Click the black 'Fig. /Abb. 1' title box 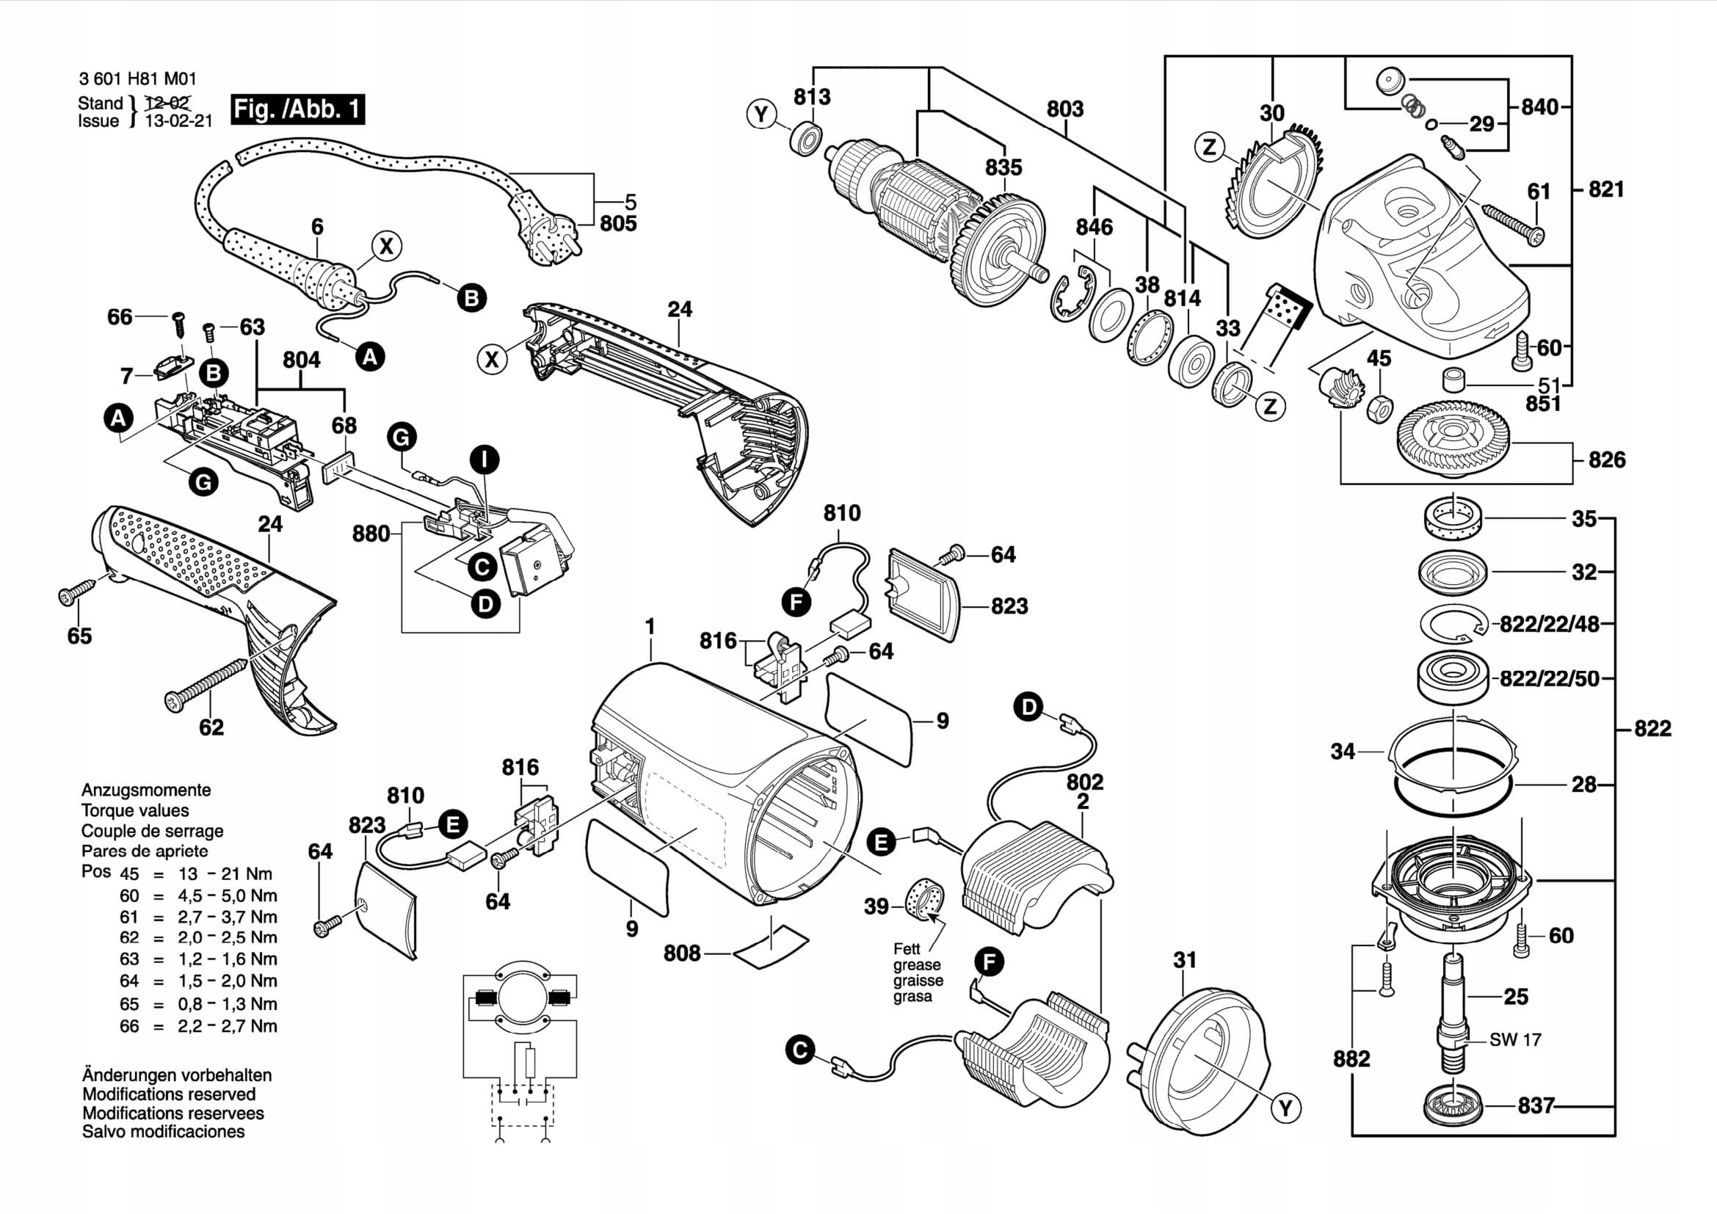point(297,110)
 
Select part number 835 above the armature point(1003,167)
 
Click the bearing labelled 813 point(806,138)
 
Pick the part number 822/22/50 point(1550,679)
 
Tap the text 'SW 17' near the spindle point(1515,1039)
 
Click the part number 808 point(682,953)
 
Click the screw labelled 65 point(77,590)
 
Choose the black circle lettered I point(484,459)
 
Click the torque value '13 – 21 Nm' point(225,874)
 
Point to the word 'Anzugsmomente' point(146,790)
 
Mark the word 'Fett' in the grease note point(907,948)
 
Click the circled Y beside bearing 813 point(761,115)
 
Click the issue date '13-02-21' point(178,121)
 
